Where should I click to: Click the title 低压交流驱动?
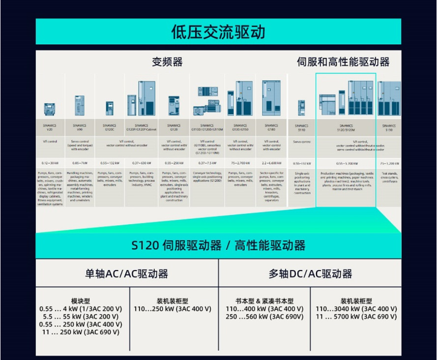(218, 32)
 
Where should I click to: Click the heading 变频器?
(167, 62)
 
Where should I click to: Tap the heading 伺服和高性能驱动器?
(343, 62)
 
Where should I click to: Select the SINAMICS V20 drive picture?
(49, 108)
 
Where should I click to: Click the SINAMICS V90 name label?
(80, 127)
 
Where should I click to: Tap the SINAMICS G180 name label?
(271, 127)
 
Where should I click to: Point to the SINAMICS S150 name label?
(389, 127)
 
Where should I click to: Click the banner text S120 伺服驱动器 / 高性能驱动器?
(218, 245)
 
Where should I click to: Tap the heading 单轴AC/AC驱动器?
(127, 273)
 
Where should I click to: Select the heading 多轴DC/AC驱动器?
(310, 273)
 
